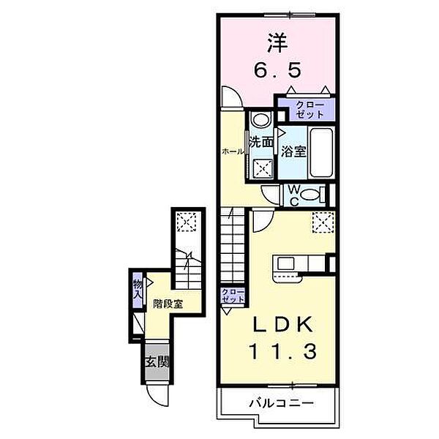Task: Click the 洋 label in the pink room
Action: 277,43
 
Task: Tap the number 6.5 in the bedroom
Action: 278,70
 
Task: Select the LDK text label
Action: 282,324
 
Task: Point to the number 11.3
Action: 282,351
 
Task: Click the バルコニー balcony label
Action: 282,403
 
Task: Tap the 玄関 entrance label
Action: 157,362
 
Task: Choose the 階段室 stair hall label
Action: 168,304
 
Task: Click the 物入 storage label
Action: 138,289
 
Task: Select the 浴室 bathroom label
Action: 293,151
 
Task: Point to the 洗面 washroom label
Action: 261,142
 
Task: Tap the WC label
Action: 293,195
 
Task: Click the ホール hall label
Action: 233,151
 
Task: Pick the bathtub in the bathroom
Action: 322,152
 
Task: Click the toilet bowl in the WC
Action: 312,195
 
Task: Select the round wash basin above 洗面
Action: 261,119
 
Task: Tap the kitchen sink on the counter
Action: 285,263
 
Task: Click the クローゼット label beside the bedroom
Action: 309,110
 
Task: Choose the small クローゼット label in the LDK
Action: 233,295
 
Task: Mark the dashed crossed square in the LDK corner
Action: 323,222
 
